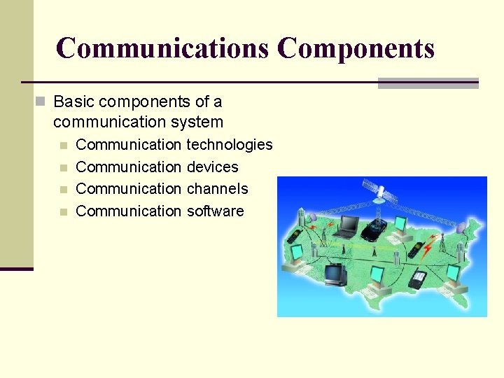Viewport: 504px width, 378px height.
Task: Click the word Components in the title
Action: click(356, 48)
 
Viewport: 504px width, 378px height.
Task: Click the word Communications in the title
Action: click(162, 48)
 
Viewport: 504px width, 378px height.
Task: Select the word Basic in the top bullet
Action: click(73, 101)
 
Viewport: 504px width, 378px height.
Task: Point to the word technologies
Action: click(230, 145)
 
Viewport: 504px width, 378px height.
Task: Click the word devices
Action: click(212, 167)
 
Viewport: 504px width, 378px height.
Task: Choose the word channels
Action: click(217, 189)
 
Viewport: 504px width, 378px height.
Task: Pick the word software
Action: click(215, 211)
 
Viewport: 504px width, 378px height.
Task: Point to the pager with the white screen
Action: click(418, 279)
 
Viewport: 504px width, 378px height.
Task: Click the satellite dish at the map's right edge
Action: click(462, 227)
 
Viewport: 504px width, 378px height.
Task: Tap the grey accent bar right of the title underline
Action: click(428, 83)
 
